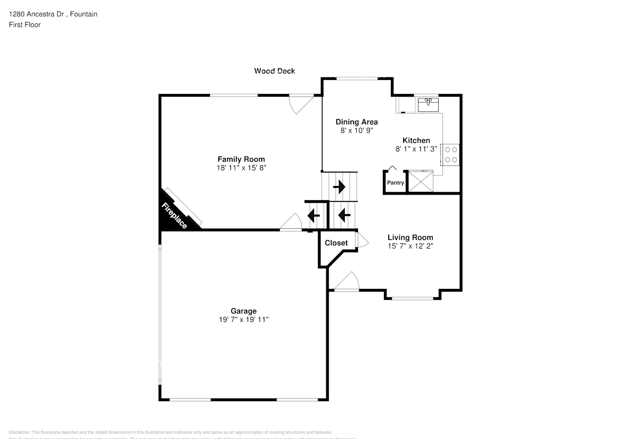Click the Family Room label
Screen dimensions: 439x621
click(241, 159)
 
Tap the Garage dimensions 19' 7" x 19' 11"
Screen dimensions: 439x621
click(244, 320)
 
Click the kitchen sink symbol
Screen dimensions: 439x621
click(428, 105)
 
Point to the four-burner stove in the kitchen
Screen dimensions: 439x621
click(451, 155)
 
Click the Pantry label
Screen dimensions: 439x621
click(395, 183)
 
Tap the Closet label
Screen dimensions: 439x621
click(336, 243)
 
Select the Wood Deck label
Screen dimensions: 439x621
click(274, 71)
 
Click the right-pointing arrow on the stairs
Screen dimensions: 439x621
click(339, 187)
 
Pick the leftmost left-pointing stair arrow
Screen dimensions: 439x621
click(314, 216)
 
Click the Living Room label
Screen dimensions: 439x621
click(410, 237)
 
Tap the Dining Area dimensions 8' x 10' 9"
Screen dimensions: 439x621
click(356, 130)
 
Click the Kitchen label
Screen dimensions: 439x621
click(416, 140)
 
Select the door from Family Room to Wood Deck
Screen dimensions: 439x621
click(300, 104)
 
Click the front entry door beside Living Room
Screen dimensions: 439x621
click(347, 282)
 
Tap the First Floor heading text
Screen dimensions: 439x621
click(25, 25)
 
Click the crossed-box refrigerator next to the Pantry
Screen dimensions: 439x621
click(421, 181)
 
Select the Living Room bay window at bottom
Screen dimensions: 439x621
click(412, 299)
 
